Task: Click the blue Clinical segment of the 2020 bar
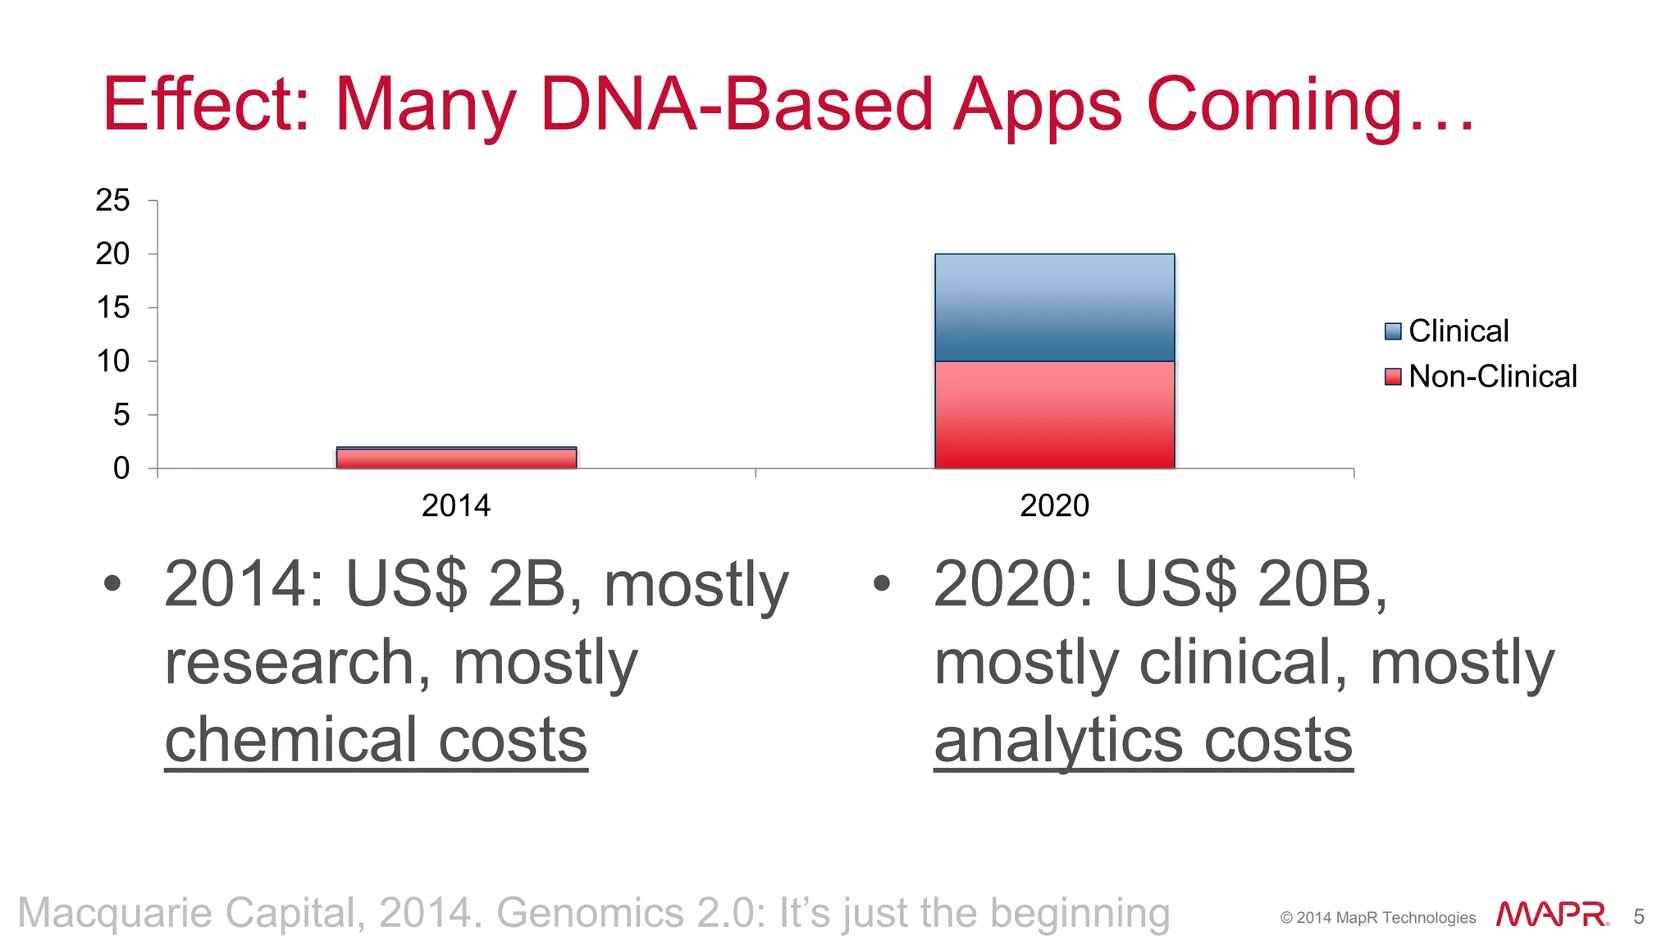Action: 1054,308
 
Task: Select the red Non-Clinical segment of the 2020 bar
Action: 1054,415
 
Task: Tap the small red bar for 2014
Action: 456,459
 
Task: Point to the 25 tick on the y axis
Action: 112,200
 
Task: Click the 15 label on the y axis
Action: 112,308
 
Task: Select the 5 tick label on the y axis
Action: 121,415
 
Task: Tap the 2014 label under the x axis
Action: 456,505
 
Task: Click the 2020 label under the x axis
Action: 1054,505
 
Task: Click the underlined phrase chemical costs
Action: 376,740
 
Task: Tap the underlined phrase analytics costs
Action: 1143,740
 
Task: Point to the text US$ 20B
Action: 1250,584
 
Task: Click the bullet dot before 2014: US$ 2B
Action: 112,584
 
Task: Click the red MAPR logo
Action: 1551,915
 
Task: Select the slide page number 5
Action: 1639,916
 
